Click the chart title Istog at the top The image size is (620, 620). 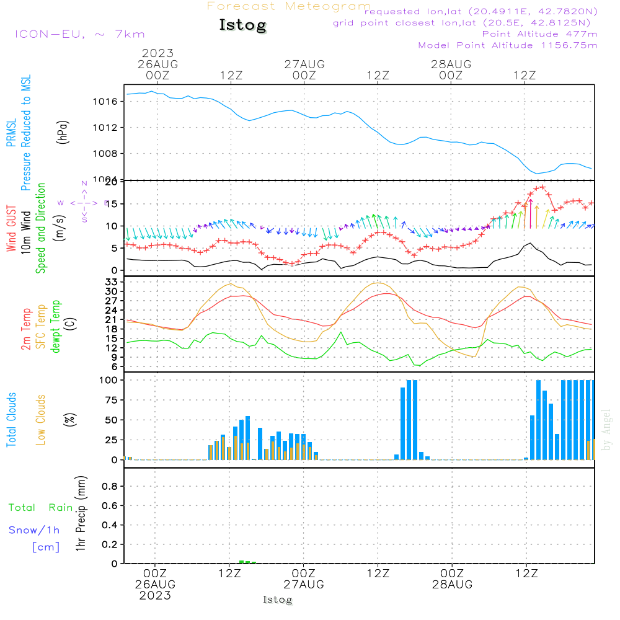tap(242, 25)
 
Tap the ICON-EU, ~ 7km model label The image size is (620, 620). tap(79, 34)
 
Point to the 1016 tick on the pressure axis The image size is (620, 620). tap(108, 101)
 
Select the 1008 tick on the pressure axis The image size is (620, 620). tap(108, 154)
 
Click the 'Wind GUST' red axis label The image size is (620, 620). tap(12, 229)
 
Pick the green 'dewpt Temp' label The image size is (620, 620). tap(56, 326)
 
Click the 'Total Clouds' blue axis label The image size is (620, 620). tap(12, 420)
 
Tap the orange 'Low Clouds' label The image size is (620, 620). tap(41, 420)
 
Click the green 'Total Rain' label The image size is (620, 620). tap(40, 507)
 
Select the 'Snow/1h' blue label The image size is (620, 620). tap(34, 530)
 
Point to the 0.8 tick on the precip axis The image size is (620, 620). tap(110, 487)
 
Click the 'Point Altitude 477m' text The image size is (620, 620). tap(539, 33)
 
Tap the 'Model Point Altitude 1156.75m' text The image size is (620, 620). tap(508, 45)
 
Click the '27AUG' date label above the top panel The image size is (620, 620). tap(304, 64)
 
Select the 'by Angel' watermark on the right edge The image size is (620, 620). tap(607, 429)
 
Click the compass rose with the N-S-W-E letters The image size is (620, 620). tap(84, 202)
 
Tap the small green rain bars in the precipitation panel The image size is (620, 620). tap(247, 562)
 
